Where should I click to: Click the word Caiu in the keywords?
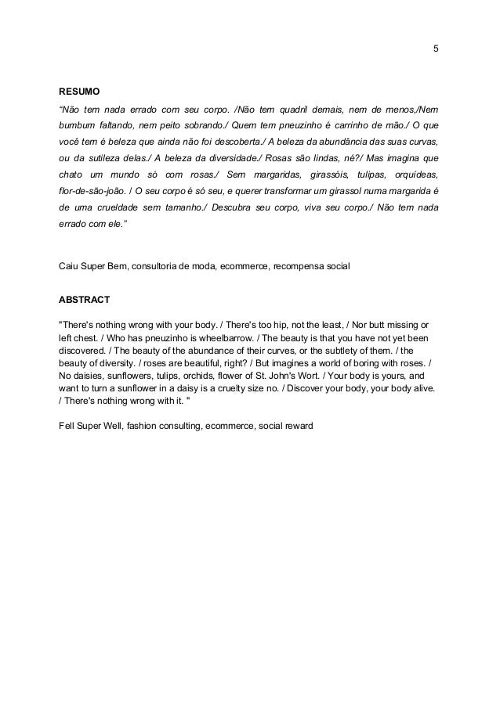pyautogui.click(x=70, y=267)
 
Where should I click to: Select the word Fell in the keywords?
pyautogui.click(x=69, y=426)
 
